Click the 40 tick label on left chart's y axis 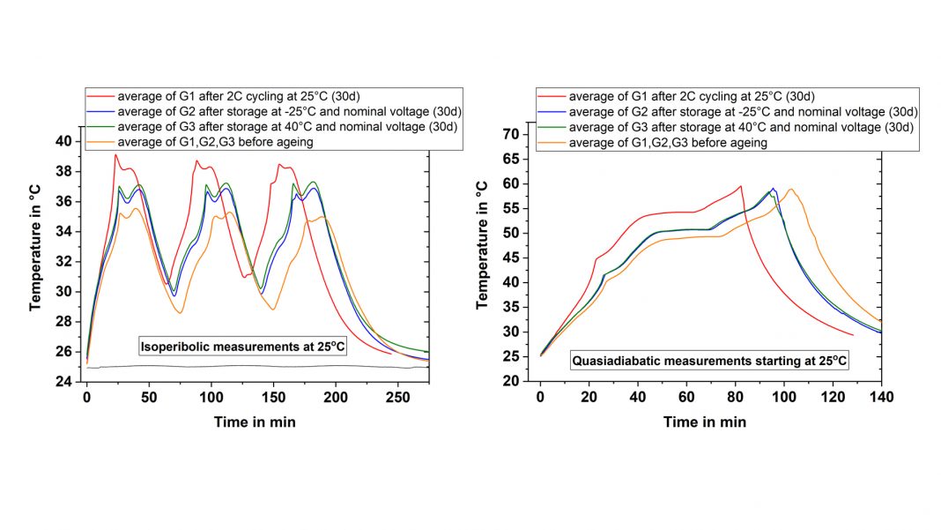[66, 141]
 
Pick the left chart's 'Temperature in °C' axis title [36, 253]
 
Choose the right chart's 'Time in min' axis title [705, 422]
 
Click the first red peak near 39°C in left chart [115, 155]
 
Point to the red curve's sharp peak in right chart [741, 186]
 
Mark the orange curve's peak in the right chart [790, 189]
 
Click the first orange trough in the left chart [180, 313]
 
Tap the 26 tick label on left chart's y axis [66, 352]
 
